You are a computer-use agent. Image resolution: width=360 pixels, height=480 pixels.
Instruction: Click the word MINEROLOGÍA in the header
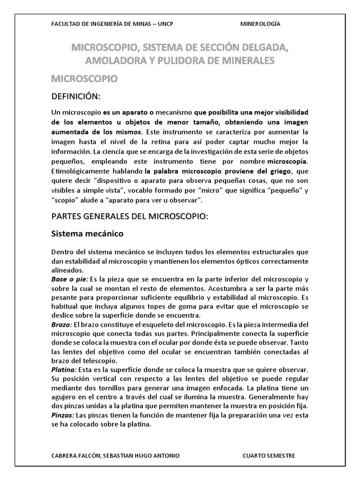point(260,24)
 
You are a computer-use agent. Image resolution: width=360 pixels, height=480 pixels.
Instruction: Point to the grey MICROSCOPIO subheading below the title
point(84,78)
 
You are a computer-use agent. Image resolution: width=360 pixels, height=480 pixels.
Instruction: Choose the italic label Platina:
point(64,370)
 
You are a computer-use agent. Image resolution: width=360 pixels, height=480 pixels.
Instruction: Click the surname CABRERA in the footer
point(64,456)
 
